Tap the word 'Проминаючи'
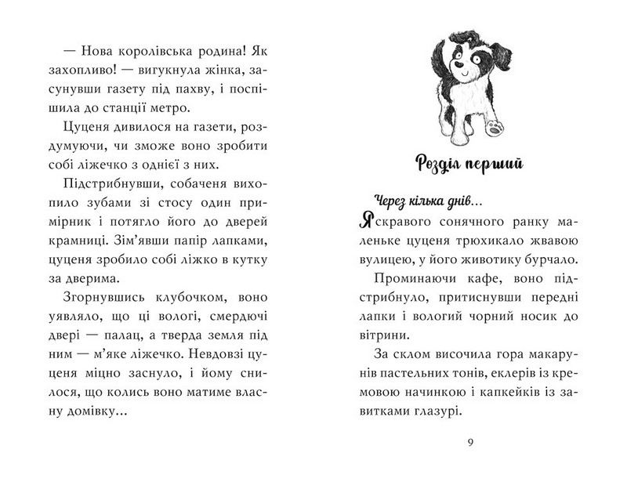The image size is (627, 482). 404,279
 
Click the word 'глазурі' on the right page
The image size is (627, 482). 428,412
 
